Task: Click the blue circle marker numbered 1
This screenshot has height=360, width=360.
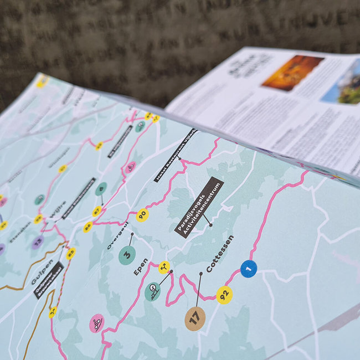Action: click(x=249, y=269)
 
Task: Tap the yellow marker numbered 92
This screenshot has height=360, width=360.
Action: click(x=224, y=295)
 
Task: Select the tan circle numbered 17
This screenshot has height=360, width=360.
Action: click(x=195, y=318)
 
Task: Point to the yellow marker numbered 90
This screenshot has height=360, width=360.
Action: click(x=142, y=215)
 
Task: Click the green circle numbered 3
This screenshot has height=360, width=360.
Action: click(x=127, y=255)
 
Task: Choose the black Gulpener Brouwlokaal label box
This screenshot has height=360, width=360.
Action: click(x=49, y=280)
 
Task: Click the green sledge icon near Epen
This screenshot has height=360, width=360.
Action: click(x=152, y=291)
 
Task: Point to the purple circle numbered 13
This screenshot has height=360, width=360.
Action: click(x=38, y=241)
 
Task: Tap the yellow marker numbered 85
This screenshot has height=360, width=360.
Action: click(x=70, y=254)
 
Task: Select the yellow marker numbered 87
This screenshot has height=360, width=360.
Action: click(x=97, y=211)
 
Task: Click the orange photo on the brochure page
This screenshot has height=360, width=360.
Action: click(x=292, y=73)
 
